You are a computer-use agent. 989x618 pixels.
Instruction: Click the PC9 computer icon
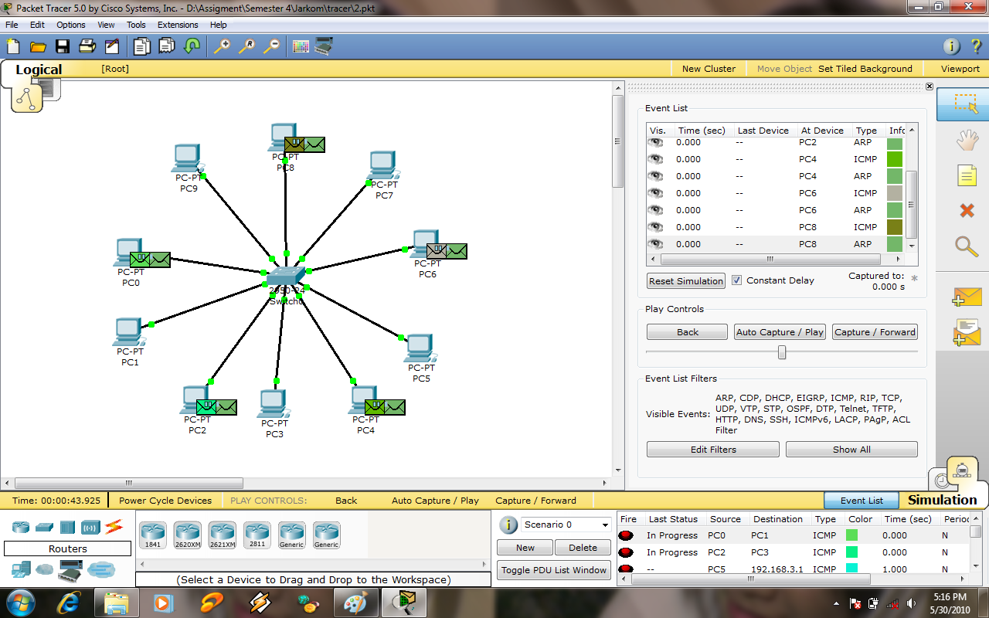pos(187,158)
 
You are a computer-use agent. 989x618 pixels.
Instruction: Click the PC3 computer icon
pos(273,404)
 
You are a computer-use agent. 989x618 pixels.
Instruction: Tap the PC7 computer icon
pos(382,165)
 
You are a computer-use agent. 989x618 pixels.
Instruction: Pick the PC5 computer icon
pos(420,348)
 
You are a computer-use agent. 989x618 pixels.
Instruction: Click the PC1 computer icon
pos(128,332)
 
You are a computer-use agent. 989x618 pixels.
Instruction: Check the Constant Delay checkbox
pos(737,280)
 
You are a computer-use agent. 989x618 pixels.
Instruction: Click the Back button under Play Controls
pos(687,332)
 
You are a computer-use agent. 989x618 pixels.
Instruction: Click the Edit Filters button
pos(712,450)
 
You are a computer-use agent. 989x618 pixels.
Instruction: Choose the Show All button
pos(851,450)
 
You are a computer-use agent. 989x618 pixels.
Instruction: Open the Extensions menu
pos(178,25)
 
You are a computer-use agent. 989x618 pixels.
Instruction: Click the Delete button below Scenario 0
pos(583,548)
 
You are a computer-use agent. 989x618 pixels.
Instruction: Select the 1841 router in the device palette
pos(153,533)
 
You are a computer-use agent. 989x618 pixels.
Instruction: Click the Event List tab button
pos(862,501)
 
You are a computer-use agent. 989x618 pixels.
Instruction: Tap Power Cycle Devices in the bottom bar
pos(165,501)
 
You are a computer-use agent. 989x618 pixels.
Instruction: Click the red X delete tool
pos(967,210)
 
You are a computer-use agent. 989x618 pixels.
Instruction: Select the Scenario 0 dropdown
pos(566,525)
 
